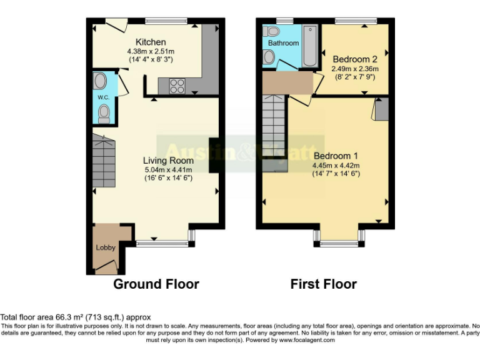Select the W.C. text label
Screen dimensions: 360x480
coord(103,97)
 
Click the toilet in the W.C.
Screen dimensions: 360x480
coord(104,113)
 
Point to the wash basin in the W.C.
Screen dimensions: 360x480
coord(100,81)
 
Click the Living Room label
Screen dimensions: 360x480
coord(168,161)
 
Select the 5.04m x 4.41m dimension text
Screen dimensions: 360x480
coord(168,169)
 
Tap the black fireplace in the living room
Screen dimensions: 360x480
coord(213,154)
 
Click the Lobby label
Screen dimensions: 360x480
coord(106,247)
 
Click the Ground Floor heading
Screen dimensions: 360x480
coord(156,284)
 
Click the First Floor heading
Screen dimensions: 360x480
coord(323,284)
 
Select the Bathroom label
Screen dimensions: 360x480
coord(283,43)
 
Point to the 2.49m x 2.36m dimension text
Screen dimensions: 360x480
coord(354,69)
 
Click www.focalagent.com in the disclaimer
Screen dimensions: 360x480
coord(307,341)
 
